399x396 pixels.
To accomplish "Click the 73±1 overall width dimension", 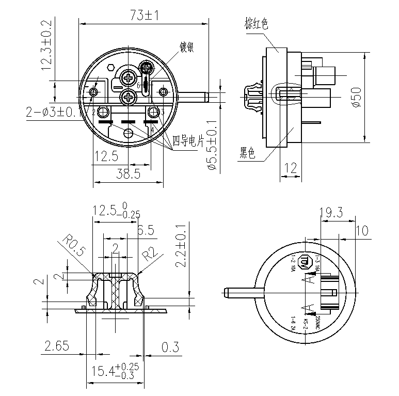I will point(144,15).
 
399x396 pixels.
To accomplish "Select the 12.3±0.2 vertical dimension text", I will point(46,45).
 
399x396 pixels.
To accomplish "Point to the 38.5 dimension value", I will point(127,174).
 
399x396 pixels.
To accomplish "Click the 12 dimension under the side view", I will point(291,167).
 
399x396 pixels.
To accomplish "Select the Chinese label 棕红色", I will point(257,24).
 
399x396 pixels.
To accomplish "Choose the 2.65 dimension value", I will point(56,346).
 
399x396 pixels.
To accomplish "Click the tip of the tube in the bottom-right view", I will point(226,293).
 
